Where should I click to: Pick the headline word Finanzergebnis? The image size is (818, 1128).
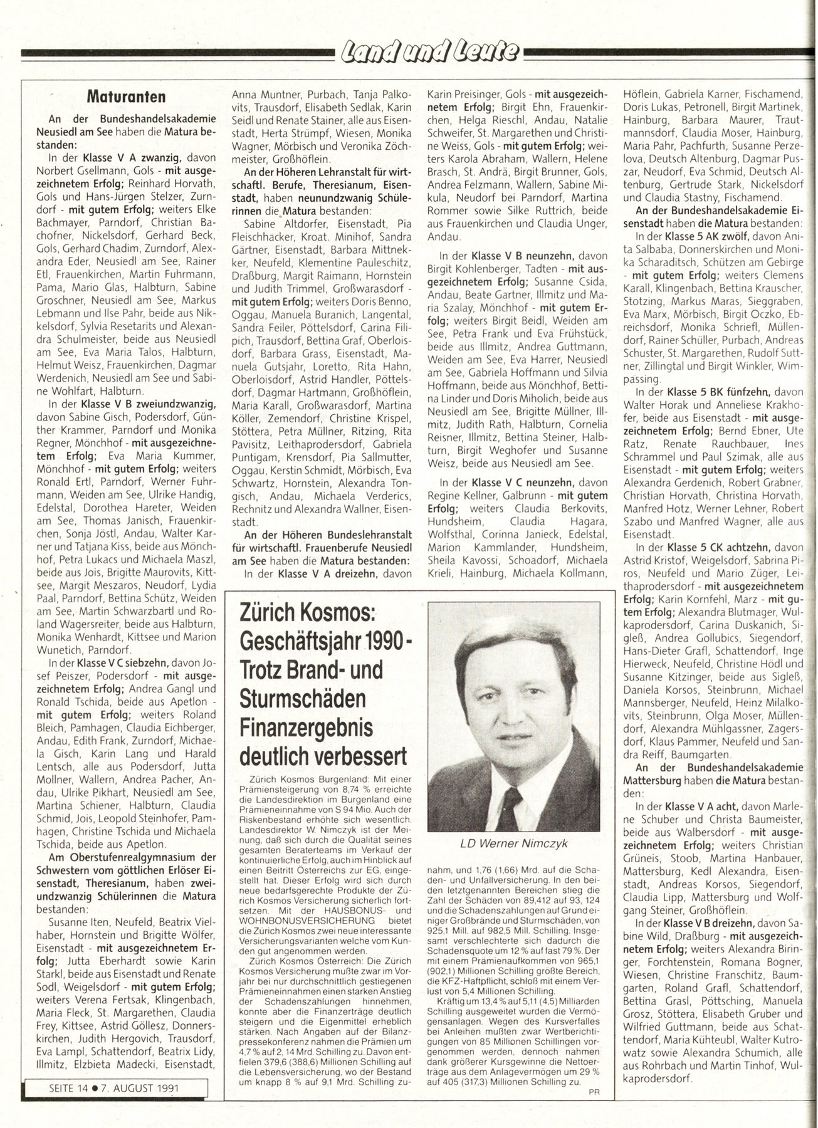click(x=306, y=728)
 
